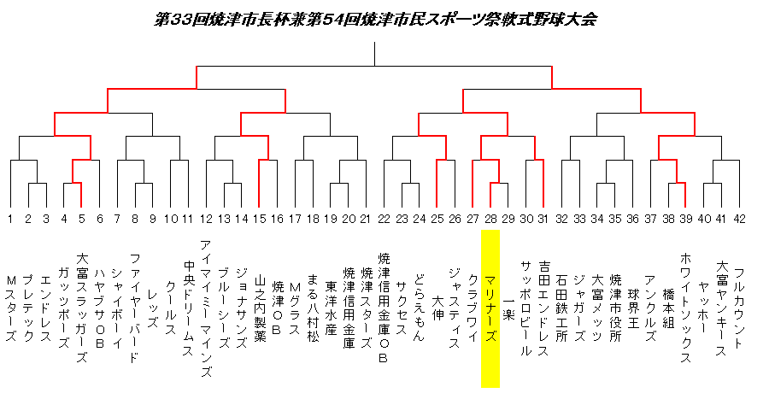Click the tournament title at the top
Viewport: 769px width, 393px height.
click(x=375, y=20)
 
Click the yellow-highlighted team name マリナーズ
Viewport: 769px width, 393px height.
click(x=490, y=308)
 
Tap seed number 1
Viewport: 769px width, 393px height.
click(x=9, y=219)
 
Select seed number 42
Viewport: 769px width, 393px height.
click(x=740, y=219)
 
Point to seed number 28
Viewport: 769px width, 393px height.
click(x=490, y=219)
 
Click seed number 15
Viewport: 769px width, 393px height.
click(x=259, y=219)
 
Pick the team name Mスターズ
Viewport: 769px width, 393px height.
click(x=11, y=308)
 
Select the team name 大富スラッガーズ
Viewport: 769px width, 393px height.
click(x=82, y=308)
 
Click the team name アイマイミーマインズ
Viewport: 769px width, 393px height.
click(x=206, y=308)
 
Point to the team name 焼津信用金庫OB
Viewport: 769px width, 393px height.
click(x=384, y=308)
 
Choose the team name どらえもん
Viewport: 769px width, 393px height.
click(x=419, y=308)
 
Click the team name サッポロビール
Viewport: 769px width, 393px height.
click(x=525, y=308)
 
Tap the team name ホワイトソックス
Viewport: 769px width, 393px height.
click(x=685, y=308)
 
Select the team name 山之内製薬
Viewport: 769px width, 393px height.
click(x=260, y=308)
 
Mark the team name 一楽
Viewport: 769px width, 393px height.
click(x=508, y=308)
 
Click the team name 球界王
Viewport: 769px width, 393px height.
click(x=632, y=308)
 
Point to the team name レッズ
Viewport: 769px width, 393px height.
click(x=153, y=308)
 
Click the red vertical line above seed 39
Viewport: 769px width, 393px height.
click(x=685, y=195)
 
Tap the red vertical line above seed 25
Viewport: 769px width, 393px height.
click(x=437, y=183)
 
